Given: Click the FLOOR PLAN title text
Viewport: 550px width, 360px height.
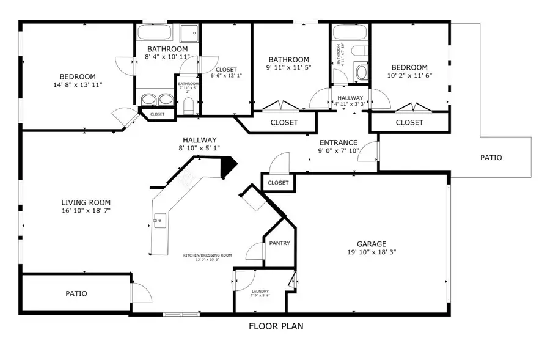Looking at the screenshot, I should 276,326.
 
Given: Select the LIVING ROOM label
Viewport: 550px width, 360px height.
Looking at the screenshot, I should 86,202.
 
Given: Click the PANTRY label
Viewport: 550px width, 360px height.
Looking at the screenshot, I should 279,243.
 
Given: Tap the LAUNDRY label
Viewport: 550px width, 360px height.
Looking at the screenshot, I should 260,291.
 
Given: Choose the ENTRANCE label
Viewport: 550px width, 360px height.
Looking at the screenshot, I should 338,142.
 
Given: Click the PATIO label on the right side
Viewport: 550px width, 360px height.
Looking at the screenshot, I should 491,158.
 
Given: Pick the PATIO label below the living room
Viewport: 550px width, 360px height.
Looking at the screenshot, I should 76,293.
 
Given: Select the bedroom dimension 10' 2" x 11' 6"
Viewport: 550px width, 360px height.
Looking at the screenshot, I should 409,76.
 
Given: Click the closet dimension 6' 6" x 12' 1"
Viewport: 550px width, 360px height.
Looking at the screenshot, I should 226,76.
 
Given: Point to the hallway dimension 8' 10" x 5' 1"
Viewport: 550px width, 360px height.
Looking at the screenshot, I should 199,148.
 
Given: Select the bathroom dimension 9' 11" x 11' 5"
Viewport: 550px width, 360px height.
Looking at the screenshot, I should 288,68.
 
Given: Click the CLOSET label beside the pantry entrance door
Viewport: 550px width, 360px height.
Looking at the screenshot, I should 278,182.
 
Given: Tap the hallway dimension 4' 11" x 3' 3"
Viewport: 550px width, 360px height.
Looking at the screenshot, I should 350,104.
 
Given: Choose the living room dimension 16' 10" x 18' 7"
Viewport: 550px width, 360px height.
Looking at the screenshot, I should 86,211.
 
